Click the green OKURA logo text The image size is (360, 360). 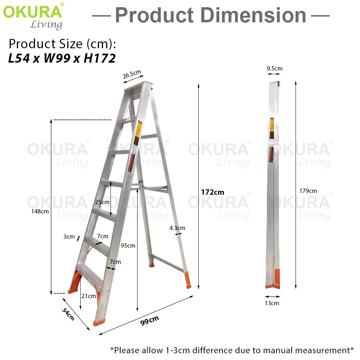point(32,12)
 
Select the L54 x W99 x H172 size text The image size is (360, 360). point(62,58)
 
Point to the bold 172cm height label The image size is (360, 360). point(212,192)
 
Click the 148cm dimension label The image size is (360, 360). point(40,211)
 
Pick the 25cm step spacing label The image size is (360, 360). point(102,202)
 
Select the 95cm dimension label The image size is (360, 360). point(128,246)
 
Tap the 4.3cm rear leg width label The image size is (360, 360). point(177,228)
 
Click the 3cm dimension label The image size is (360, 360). point(69,237)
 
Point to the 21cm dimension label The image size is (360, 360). point(89,296)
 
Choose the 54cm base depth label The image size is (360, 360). point(69,314)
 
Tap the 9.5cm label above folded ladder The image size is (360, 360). point(274,68)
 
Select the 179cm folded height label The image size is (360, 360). point(308,191)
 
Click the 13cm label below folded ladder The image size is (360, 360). point(272,303)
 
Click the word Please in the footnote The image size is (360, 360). point(127,350)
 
